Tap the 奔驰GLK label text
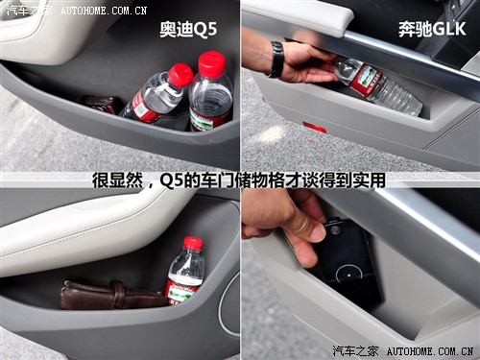coord(432,30)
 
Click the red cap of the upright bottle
coord(211,63)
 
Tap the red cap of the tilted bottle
coord(180,74)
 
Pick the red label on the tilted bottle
coord(142,106)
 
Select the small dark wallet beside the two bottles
coord(100,104)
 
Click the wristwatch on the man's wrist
coord(277,59)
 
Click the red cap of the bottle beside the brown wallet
coord(193,243)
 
